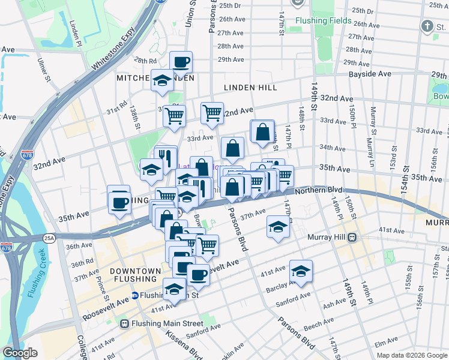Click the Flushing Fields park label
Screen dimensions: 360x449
click(x=324, y=20)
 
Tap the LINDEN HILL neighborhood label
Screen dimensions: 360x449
click(x=250, y=88)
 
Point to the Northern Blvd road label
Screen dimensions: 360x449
click(x=328, y=190)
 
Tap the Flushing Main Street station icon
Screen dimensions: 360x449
click(x=125, y=323)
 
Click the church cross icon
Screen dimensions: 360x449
click(x=427, y=26)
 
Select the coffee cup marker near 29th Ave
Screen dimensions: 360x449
click(x=181, y=61)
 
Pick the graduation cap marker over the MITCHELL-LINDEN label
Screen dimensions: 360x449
click(x=161, y=80)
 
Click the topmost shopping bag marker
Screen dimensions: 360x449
click(x=262, y=131)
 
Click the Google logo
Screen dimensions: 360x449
click(x=20, y=353)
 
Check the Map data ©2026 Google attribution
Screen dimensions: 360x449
click(x=412, y=355)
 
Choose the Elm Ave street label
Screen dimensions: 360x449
click(x=382, y=344)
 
